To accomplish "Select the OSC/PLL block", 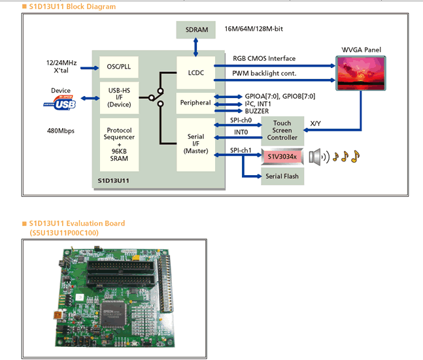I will (x=118, y=67).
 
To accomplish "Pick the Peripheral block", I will (x=195, y=103).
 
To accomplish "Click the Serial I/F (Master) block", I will (x=195, y=143).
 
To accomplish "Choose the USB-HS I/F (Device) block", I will (x=118, y=97).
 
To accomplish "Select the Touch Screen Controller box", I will (x=282, y=131).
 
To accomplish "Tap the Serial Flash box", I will (x=282, y=176).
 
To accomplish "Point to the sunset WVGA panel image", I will (x=361, y=73).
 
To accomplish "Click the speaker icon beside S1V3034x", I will (x=317, y=156).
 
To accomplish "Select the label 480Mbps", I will (x=61, y=131).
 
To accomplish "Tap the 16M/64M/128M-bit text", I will (x=254, y=29).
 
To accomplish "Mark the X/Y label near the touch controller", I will (x=315, y=123).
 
